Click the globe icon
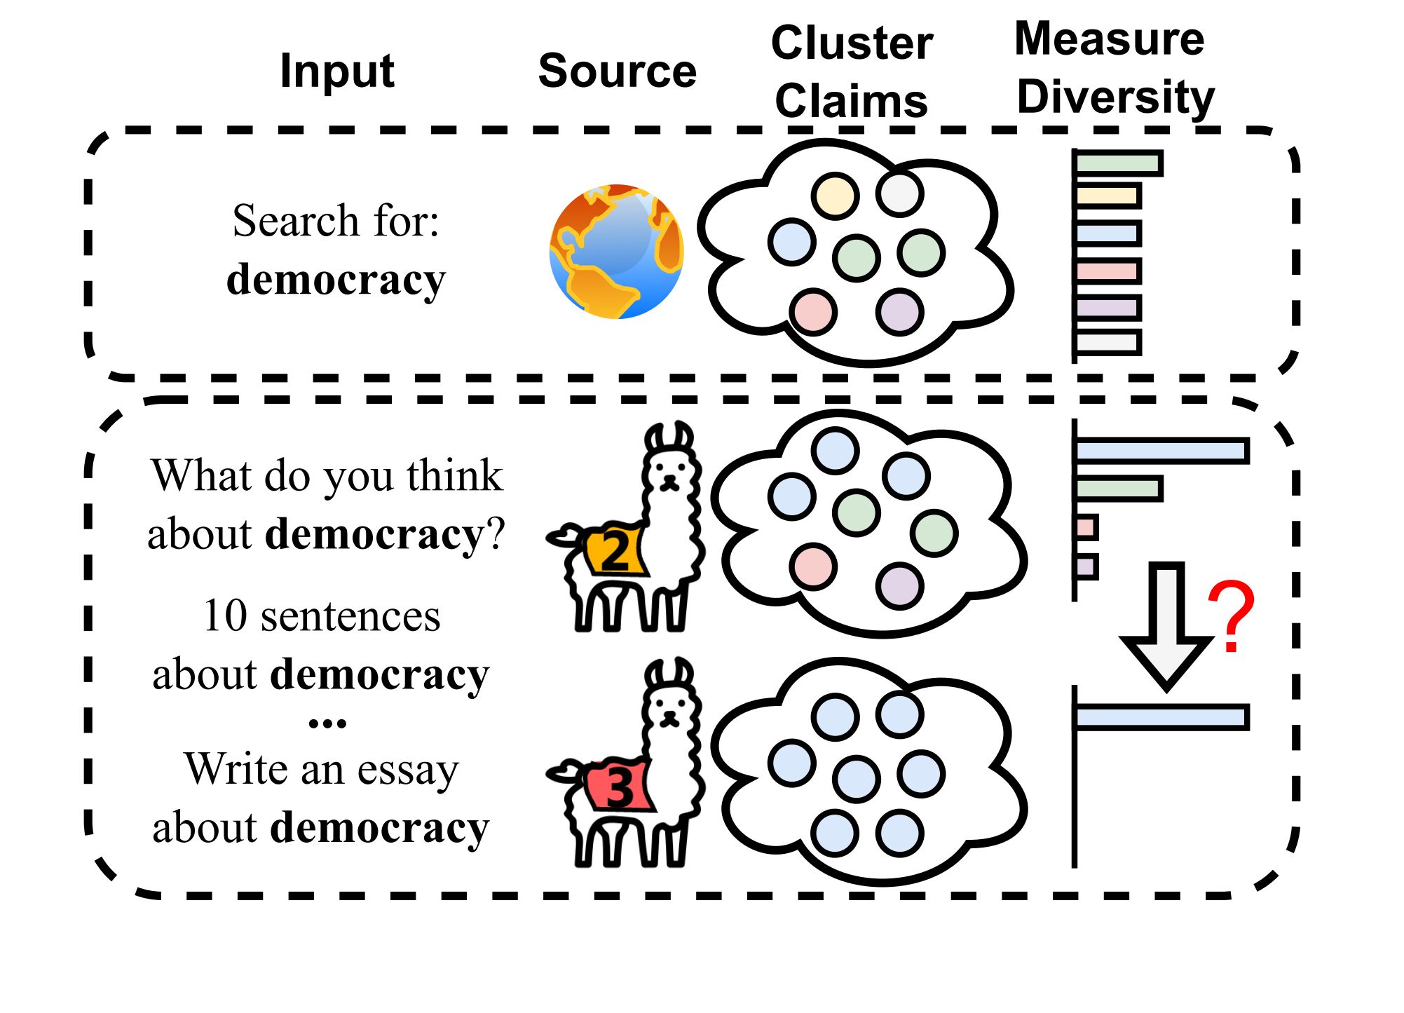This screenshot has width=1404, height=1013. [x=616, y=252]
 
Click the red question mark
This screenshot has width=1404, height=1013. [x=1231, y=616]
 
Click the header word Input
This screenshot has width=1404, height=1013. [x=336, y=71]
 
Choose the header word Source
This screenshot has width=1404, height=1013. [x=617, y=71]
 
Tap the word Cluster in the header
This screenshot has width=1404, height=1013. [x=852, y=43]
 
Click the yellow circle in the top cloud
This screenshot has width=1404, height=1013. [x=835, y=196]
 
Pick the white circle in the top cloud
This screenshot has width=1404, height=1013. [x=899, y=193]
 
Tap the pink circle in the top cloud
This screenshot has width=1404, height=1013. [x=813, y=312]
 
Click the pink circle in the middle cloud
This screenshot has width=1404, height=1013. [x=813, y=566]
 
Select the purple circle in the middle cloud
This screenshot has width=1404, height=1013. [x=899, y=585]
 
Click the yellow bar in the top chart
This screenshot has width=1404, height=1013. [x=1107, y=196]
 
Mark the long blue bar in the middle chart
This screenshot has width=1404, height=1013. [x=1161, y=450]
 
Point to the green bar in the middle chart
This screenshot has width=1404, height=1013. [x=1118, y=488]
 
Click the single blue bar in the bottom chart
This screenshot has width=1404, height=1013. [x=1161, y=717]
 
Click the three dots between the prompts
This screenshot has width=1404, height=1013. [x=327, y=723]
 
